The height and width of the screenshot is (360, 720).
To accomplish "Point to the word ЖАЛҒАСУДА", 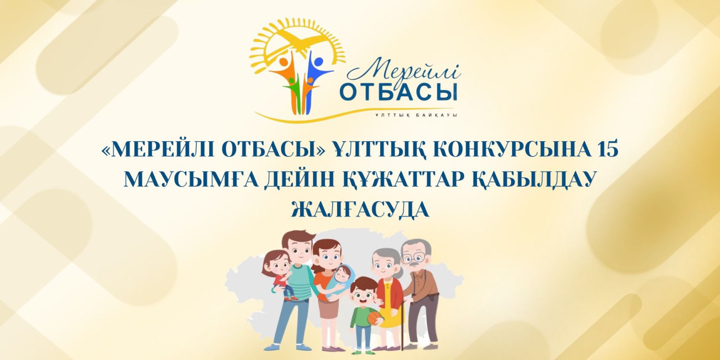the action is [360, 210].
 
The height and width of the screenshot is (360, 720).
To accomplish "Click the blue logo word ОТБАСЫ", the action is [399, 92].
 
